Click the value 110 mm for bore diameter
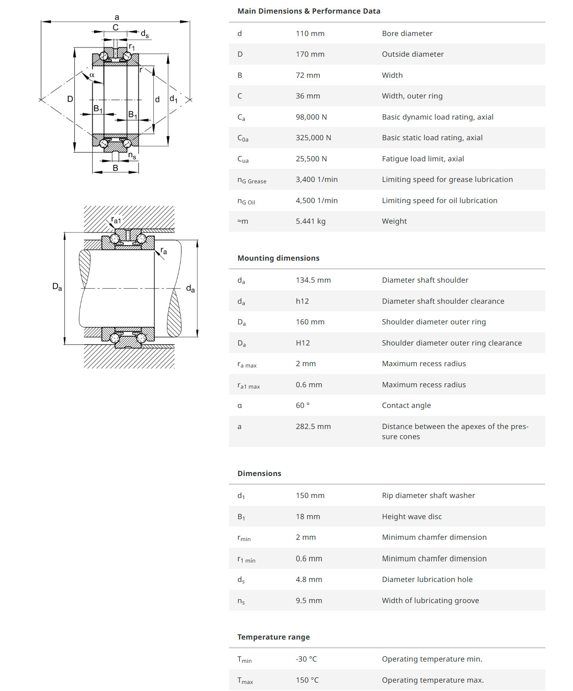(310, 33)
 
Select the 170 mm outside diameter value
(310, 54)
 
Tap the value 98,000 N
(311, 117)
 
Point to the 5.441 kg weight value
(310, 221)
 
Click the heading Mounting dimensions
(278, 258)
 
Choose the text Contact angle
(406, 405)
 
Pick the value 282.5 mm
(313, 426)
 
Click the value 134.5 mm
(313, 280)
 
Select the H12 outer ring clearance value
(303, 343)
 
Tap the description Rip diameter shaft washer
(428, 495)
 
